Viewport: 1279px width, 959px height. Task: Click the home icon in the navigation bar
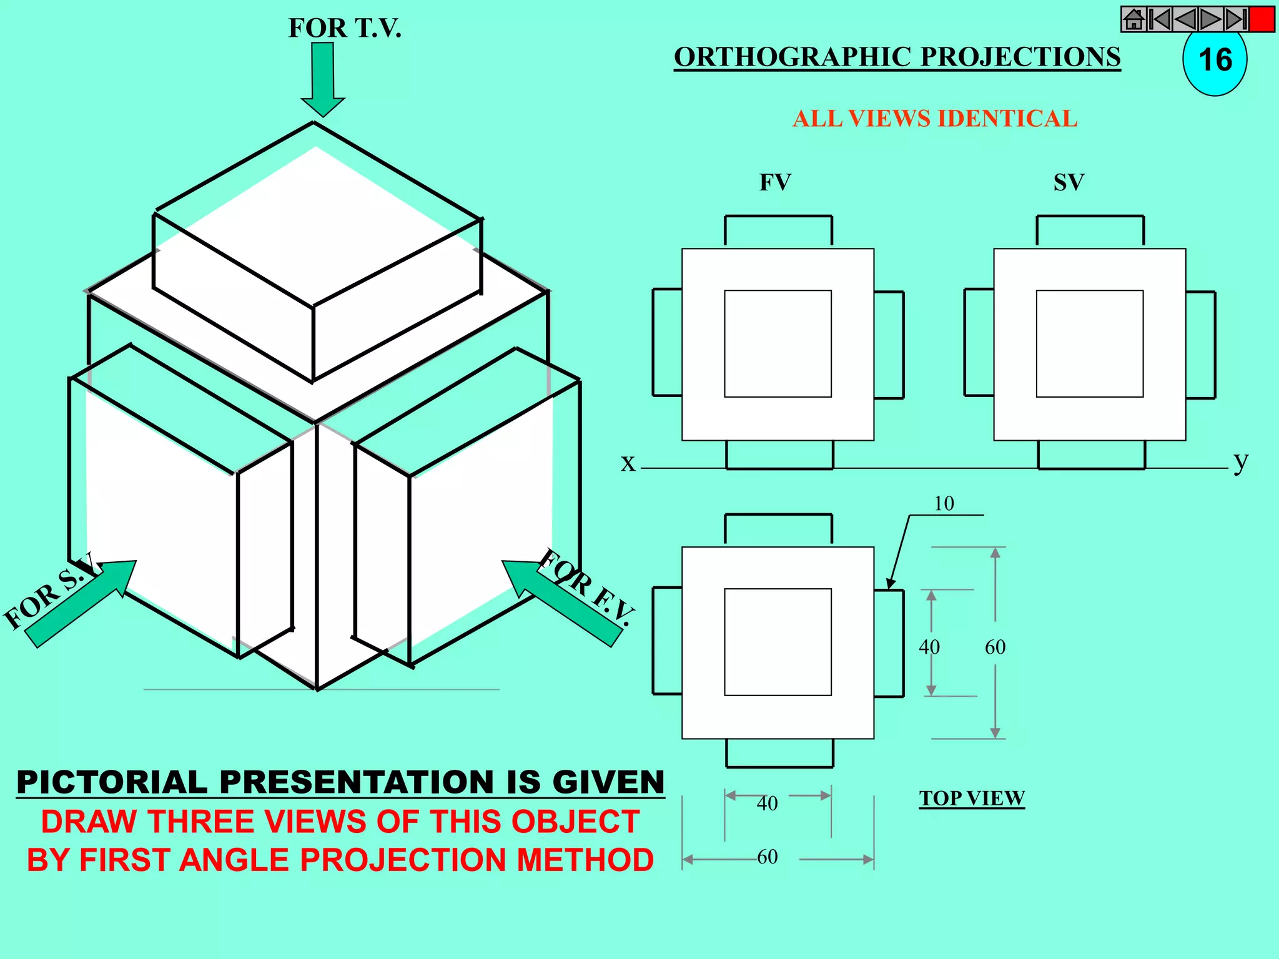(1133, 19)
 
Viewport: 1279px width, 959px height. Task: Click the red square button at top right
(1262, 19)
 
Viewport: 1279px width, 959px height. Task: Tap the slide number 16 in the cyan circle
(1215, 61)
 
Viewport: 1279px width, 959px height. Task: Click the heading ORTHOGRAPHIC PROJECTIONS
(897, 57)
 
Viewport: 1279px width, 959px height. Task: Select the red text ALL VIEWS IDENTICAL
(935, 119)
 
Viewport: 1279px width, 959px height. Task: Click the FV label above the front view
(775, 182)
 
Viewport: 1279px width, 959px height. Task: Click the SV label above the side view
(1069, 182)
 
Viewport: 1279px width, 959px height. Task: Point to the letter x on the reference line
(628, 463)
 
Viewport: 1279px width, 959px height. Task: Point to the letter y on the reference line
(1240, 462)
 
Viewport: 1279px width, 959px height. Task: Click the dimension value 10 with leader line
(944, 503)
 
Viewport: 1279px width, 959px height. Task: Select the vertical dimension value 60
(995, 647)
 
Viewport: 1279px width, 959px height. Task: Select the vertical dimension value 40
(929, 647)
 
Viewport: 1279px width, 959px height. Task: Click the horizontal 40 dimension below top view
(768, 803)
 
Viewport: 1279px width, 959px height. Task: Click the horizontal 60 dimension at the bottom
(768, 857)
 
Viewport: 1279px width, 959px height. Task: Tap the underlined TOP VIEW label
(972, 798)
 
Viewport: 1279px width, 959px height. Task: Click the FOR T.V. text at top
(345, 28)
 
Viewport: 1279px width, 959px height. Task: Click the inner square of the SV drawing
(1090, 343)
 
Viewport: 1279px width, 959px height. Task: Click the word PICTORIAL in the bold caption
(112, 782)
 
